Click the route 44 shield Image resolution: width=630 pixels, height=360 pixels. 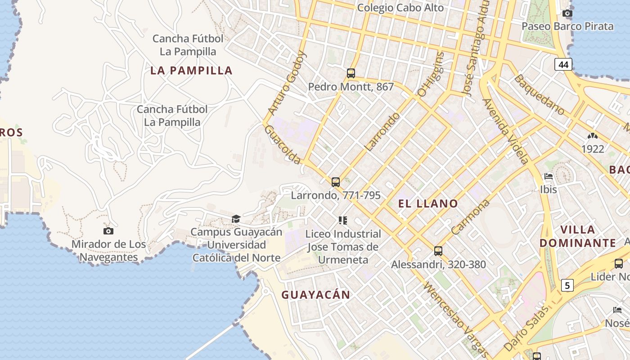pyautogui.click(x=563, y=65)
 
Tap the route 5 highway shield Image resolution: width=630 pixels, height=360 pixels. pyautogui.click(x=567, y=285)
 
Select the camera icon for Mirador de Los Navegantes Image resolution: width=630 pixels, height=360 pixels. pyautogui.click(x=108, y=231)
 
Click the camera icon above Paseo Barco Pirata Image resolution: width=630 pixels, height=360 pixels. pyautogui.click(x=567, y=13)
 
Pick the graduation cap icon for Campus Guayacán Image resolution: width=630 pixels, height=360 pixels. pyautogui.click(x=236, y=219)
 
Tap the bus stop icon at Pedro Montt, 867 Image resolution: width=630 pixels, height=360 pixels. pyautogui.click(x=351, y=73)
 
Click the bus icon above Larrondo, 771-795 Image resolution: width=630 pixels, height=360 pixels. pyautogui.click(x=336, y=182)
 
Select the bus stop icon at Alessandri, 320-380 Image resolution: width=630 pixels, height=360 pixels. pyautogui.click(x=438, y=251)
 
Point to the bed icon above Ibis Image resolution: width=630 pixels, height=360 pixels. pyautogui.click(x=549, y=176)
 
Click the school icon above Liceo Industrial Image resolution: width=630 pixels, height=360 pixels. pyautogui.click(x=343, y=220)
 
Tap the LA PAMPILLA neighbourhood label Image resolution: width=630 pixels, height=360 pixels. pyautogui.click(x=191, y=71)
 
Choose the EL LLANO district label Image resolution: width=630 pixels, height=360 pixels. pyautogui.click(x=428, y=203)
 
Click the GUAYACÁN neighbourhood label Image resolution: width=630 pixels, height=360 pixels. pyautogui.click(x=315, y=295)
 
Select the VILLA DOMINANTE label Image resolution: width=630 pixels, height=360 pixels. pyautogui.click(x=578, y=236)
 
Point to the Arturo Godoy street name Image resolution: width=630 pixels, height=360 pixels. pyautogui.click(x=287, y=83)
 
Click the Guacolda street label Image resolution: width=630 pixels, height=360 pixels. pyautogui.click(x=282, y=144)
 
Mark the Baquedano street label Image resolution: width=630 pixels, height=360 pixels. pyautogui.click(x=539, y=94)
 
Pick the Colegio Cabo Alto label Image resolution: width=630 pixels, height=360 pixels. pyautogui.click(x=400, y=8)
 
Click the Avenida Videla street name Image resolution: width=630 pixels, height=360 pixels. pyautogui.click(x=505, y=130)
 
